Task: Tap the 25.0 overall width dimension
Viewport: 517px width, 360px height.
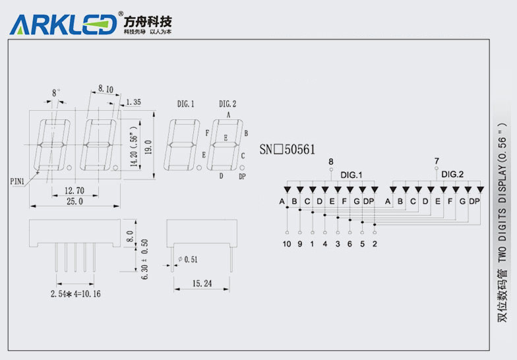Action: [75, 201]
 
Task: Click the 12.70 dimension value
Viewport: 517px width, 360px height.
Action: [74, 190]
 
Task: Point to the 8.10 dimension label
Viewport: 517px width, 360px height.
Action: [106, 88]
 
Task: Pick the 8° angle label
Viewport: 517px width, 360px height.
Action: [56, 92]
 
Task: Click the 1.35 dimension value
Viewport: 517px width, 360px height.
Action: [133, 102]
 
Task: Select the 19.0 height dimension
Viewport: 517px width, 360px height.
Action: [150, 146]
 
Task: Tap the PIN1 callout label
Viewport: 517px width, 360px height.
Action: [18, 179]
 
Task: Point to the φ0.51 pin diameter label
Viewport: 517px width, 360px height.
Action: [189, 259]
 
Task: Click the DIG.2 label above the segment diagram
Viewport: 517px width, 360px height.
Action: [228, 104]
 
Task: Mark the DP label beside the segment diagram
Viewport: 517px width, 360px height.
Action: [242, 176]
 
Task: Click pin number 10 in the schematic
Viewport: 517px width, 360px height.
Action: [286, 244]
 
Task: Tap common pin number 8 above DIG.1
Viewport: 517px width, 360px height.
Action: [331, 162]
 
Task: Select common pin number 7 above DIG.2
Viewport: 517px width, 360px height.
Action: [437, 161]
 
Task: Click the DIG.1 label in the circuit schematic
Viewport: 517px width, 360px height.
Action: [351, 175]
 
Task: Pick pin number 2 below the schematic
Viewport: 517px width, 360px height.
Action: [375, 244]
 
